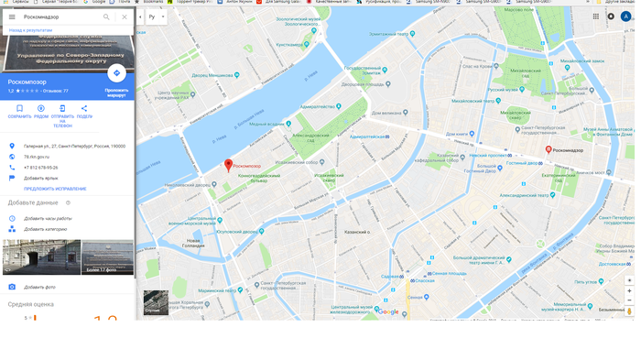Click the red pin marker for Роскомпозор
pos(229,165)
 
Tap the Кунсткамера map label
pos(290,44)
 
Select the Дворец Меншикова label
pos(212,75)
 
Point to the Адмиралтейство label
pos(317,106)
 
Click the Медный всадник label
pos(266,124)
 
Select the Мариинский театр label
pos(218,290)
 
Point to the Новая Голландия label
pos(193,244)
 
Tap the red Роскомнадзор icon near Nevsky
pos(549,149)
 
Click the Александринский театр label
pos(524,195)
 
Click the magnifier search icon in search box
pos(106,16)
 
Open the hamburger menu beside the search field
pos(12,16)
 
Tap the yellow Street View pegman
pos(629,311)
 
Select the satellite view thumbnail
pos(156,302)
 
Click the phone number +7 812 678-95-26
pos(41,168)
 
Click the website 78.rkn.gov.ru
pos(37,157)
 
